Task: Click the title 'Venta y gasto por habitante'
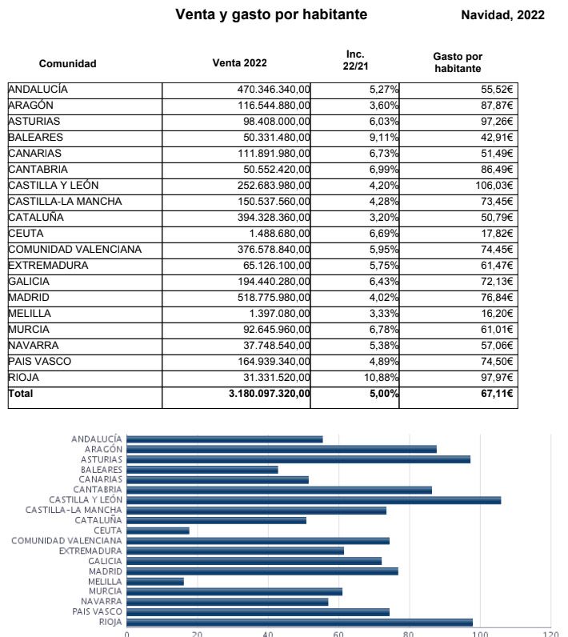point(271,14)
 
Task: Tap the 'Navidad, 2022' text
point(502,14)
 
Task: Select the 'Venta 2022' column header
point(240,63)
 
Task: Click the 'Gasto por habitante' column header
point(458,62)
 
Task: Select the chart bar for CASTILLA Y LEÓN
point(314,500)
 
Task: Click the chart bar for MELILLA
point(155,582)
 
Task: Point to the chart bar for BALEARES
point(202,470)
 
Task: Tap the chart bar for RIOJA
point(299,623)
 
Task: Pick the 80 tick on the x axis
point(410,633)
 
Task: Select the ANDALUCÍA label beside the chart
point(97,439)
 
